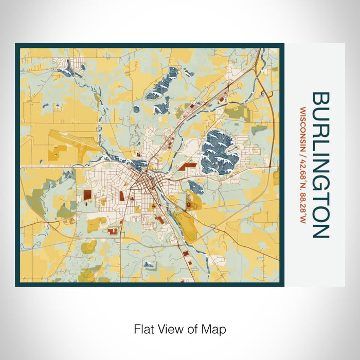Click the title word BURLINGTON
pos(320,165)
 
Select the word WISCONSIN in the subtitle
pos(303,123)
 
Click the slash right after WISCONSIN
pos(303,142)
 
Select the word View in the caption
pos(170,329)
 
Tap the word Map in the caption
pos(215,329)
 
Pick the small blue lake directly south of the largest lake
pos(196,187)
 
